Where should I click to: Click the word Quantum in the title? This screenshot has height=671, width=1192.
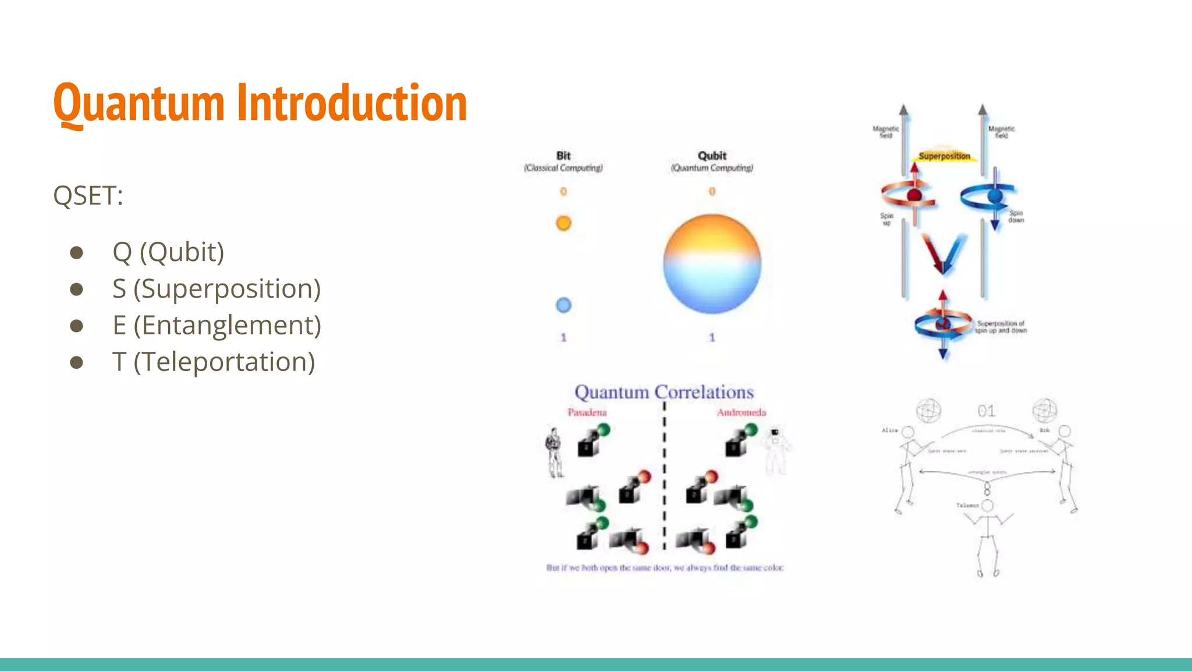(139, 104)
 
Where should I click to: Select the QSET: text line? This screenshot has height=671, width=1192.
(88, 196)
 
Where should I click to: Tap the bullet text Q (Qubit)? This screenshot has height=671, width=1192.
(168, 252)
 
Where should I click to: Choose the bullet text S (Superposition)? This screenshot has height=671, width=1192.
(217, 289)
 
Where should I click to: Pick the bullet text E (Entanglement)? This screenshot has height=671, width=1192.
(217, 326)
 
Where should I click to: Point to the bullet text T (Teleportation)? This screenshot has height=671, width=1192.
(214, 362)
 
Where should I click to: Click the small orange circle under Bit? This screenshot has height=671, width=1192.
(563, 223)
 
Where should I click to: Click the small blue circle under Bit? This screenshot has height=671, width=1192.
(563, 305)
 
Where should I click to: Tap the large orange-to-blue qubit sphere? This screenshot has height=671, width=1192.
(712, 264)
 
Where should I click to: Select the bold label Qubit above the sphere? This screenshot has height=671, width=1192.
(712, 156)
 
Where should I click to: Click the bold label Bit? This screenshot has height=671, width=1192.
(563, 156)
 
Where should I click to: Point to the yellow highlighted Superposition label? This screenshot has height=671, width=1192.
(944, 156)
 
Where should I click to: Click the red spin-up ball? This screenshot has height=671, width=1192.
(914, 195)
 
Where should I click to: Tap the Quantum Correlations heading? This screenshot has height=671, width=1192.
(664, 392)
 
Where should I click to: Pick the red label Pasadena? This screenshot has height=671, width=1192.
(587, 412)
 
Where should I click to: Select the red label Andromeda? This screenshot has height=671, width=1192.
(741, 412)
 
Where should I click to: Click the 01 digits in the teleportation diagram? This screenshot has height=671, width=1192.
(986, 411)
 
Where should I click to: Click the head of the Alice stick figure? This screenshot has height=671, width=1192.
(907, 432)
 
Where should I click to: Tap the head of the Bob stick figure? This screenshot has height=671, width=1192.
(1065, 432)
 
